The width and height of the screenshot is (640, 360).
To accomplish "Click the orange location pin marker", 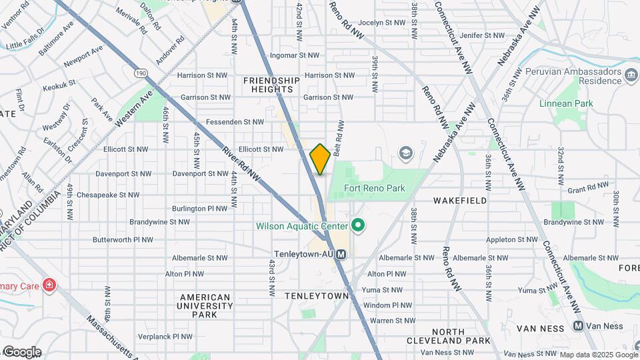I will tap(320, 159).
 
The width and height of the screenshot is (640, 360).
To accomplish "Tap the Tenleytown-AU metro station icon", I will tap(341, 254).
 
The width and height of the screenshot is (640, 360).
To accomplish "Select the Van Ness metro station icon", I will tap(578, 326).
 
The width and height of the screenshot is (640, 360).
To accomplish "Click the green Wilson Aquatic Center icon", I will tap(357, 226).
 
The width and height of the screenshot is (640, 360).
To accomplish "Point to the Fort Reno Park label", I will tap(375, 188).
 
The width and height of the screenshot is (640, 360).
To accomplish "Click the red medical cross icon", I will tap(49, 285).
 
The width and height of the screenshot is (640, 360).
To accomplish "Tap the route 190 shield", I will tap(140, 72).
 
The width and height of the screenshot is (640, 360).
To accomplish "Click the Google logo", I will tap(21, 351).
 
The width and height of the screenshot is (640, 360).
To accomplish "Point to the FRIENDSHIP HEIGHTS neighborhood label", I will tap(271, 85).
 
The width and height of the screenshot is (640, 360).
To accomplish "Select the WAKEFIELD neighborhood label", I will tap(459, 200).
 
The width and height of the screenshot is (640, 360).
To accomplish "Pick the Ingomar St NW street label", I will tap(294, 55).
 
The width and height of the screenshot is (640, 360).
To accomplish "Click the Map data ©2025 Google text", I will tap(598, 354).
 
